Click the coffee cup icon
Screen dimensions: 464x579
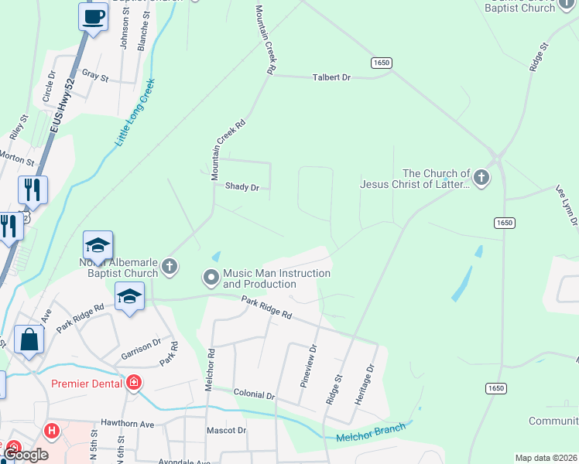tap(93, 15)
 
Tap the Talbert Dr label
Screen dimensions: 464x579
tap(331, 77)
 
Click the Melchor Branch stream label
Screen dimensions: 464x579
tap(371, 433)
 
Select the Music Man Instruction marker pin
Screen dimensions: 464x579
tap(211, 276)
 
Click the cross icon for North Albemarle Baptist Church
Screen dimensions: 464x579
tap(170, 267)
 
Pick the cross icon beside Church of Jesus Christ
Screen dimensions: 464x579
tap(481, 179)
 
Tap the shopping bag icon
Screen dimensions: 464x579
tap(29, 340)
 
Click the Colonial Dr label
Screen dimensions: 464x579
tap(254, 394)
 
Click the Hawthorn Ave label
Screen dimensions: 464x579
tap(128, 424)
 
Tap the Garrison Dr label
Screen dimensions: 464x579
tap(141, 353)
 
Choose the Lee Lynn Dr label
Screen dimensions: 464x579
tap(566, 205)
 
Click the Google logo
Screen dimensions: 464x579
tap(27, 455)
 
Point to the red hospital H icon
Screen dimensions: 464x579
tap(52, 431)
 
